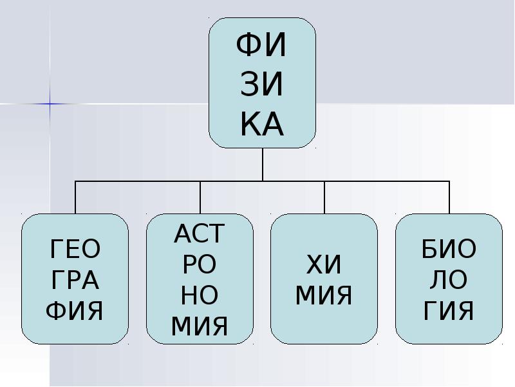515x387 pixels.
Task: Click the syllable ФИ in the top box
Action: tap(263, 46)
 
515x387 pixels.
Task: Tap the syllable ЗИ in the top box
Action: tap(263, 86)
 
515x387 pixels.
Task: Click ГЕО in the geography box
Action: tap(75, 248)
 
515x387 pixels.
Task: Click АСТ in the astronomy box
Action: tap(200, 233)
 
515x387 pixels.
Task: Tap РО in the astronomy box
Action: tap(200, 264)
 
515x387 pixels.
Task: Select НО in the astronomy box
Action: tap(200, 296)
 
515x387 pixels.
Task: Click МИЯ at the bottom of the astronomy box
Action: tap(200, 327)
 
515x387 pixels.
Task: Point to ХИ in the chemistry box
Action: tap(324, 264)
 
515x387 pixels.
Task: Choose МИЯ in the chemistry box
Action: tap(324, 296)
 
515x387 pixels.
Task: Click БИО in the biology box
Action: tap(449, 248)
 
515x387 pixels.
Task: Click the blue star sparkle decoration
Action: tap(49, 103)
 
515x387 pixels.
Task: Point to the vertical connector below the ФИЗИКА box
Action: tap(263, 164)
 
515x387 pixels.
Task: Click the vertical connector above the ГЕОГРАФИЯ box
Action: tap(75, 197)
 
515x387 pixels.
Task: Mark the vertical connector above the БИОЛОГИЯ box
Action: tap(449, 197)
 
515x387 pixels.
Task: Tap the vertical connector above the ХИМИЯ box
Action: tap(324, 197)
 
